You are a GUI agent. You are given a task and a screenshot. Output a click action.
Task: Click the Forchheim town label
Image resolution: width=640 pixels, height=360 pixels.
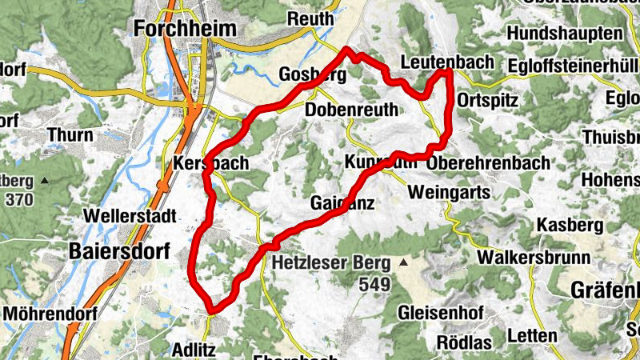pos(185,29)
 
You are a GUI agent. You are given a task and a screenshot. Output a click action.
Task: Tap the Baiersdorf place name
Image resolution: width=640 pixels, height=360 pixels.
pos(119,250)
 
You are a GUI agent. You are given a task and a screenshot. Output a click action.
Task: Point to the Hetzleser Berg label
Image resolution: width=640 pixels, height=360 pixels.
pos(330,262)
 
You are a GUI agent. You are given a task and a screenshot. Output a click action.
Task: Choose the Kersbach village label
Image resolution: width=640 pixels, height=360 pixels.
pos(211,163)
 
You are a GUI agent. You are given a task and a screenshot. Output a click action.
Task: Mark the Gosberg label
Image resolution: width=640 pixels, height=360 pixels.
pos(312,75)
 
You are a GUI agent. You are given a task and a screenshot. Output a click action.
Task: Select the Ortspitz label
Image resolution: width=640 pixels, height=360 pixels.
pos(490,101)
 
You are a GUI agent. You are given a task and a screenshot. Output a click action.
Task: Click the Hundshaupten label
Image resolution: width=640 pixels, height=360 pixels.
pos(564,34)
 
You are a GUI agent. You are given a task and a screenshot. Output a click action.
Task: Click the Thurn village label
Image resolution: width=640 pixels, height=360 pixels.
pos(70,135)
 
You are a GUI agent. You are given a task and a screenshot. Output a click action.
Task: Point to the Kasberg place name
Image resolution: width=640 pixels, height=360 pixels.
pos(569,226)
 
